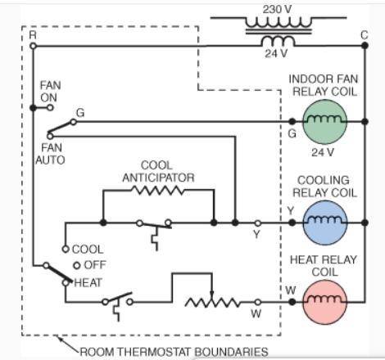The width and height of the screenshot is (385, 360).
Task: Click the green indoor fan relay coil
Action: pos(324,122)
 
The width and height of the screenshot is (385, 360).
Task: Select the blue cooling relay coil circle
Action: pos(325,223)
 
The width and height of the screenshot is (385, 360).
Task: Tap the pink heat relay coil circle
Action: pos(325,302)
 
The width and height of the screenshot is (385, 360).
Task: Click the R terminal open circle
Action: pos(33,46)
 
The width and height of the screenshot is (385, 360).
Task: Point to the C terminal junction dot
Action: pos(365,46)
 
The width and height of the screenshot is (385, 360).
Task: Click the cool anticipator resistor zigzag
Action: pos(158,190)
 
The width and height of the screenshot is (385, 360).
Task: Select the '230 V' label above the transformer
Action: pos(277,9)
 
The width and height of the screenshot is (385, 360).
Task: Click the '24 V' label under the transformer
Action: pos(276,53)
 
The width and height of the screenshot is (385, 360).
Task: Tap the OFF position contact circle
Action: pos(77,265)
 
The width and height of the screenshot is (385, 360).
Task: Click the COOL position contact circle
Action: pos(66,249)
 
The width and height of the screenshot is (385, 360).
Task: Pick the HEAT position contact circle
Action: pos(66,283)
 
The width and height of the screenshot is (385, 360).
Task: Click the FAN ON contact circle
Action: pos(50,108)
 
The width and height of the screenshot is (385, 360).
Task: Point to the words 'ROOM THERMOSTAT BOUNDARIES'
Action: pos(174,352)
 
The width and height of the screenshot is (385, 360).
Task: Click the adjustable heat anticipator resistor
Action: pos(212,303)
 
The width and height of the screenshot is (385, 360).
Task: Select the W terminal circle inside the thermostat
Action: pos(257,302)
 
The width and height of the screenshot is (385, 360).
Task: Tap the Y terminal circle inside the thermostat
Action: pos(257,223)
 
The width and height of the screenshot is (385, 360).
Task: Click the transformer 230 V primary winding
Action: pos(279,22)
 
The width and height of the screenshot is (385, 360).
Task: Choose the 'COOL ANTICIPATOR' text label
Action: pos(158,172)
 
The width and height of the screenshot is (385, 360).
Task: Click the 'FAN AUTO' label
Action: pos(50,154)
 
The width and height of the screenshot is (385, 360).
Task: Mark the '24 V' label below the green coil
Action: pos(323,152)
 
